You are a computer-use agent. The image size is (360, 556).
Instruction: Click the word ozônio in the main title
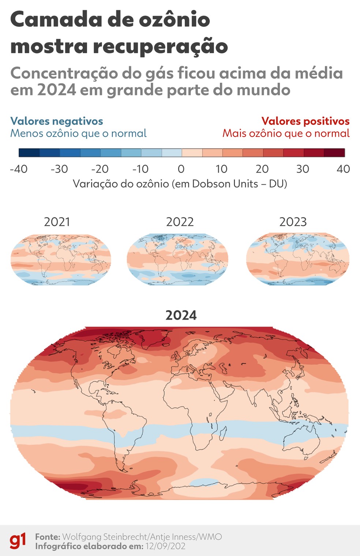[x=174, y=20]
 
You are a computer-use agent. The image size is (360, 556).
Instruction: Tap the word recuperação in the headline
[x=160, y=47]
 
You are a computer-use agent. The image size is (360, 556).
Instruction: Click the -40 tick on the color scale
[x=19, y=169]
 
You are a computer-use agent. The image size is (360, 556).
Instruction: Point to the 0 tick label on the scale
[x=181, y=169]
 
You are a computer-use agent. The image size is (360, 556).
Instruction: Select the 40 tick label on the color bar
[x=343, y=169]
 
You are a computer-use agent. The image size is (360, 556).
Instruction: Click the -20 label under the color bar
[x=100, y=169]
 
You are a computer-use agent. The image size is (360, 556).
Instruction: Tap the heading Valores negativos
[x=57, y=121]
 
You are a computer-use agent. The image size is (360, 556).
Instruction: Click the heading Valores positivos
[x=305, y=121]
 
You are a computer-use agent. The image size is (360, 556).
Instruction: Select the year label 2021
[x=57, y=222]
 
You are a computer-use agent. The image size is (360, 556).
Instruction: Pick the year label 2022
[x=180, y=222]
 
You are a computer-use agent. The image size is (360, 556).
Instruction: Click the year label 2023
[x=293, y=222]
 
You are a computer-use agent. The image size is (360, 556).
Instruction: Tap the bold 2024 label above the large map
[x=181, y=315]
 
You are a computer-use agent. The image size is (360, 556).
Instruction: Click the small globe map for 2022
[x=177, y=259]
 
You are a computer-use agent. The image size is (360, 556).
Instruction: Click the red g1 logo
[x=18, y=541]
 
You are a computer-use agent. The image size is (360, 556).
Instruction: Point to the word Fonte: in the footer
[x=48, y=537]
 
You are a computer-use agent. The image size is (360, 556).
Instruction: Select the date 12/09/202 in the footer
[x=165, y=546]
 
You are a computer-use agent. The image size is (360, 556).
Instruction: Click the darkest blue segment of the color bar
[x=29, y=153]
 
